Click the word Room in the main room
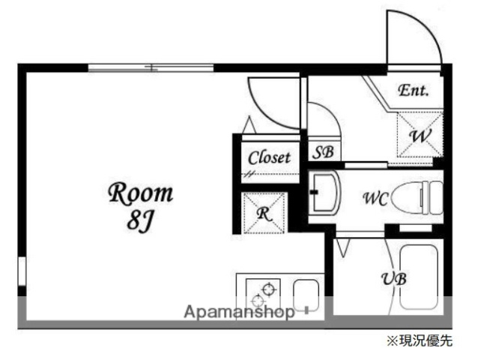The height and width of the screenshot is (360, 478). tap(142, 194)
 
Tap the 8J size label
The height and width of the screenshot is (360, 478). tap(141, 223)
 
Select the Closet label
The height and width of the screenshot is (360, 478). tap(269, 157)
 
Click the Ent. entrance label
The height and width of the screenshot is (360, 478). tap(413, 91)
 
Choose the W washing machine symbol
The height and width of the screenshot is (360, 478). tap(418, 136)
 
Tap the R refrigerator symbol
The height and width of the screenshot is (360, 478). tap(264, 213)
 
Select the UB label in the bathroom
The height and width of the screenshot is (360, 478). tap(393, 278)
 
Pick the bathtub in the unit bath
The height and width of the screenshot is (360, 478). tap(419, 277)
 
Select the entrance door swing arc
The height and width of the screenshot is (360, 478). tap(413, 37)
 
